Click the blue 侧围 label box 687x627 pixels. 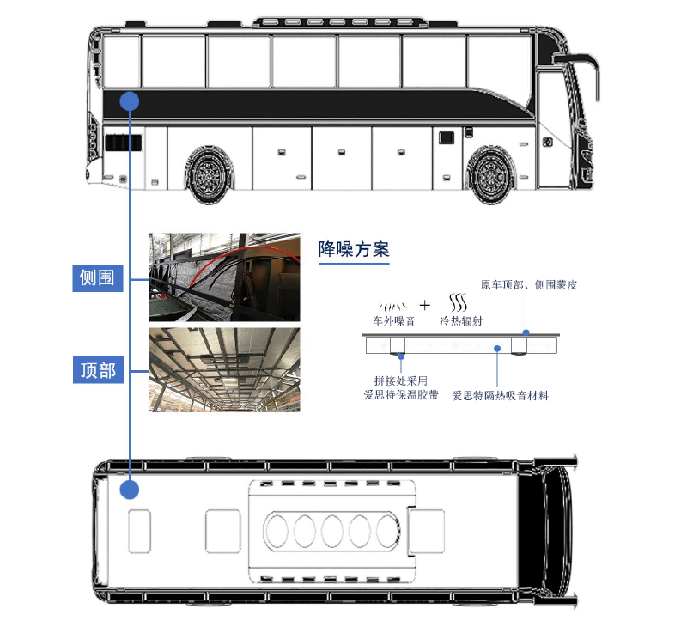(x=97, y=278)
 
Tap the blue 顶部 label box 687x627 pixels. (x=98, y=370)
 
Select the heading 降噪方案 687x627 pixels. (x=354, y=249)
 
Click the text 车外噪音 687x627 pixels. (x=394, y=320)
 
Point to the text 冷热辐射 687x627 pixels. (x=461, y=320)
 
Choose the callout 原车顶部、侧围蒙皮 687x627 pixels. (x=529, y=285)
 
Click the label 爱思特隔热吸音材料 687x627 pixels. (x=500, y=396)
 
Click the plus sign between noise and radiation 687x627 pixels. (x=424, y=305)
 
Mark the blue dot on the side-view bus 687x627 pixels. (x=130, y=101)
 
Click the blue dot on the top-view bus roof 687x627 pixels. (x=130, y=490)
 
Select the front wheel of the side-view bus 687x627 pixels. (x=489, y=175)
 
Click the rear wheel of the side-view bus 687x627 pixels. (x=209, y=175)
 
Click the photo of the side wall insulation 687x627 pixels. (x=224, y=277)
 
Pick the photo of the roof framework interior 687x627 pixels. (x=224, y=370)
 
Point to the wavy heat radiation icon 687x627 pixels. (x=459, y=302)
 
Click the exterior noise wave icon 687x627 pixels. (x=393, y=306)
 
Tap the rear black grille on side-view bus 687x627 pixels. (x=123, y=143)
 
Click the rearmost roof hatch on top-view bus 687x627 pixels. (x=140, y=531)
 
